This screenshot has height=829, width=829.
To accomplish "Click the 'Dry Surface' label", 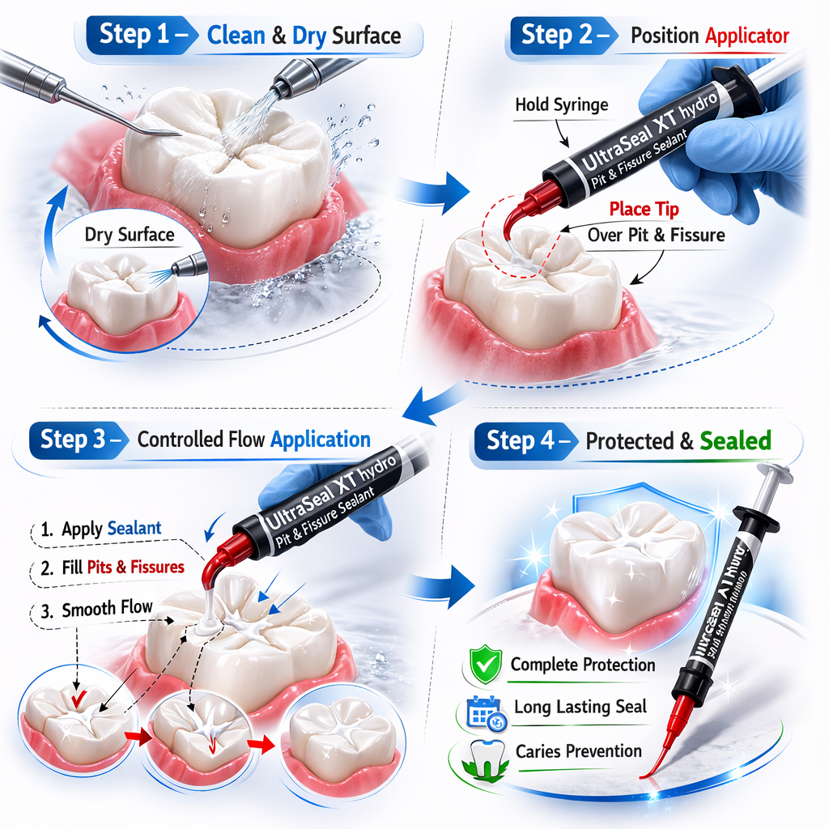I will [130, 236].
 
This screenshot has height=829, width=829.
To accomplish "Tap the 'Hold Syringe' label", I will [561, 104].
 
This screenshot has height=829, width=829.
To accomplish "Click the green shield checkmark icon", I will [484, 664].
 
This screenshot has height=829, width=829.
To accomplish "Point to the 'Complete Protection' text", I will [583, 665].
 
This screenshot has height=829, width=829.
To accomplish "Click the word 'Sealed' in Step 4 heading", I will [735, 441].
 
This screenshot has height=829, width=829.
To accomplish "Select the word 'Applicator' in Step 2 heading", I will [747, 36].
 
